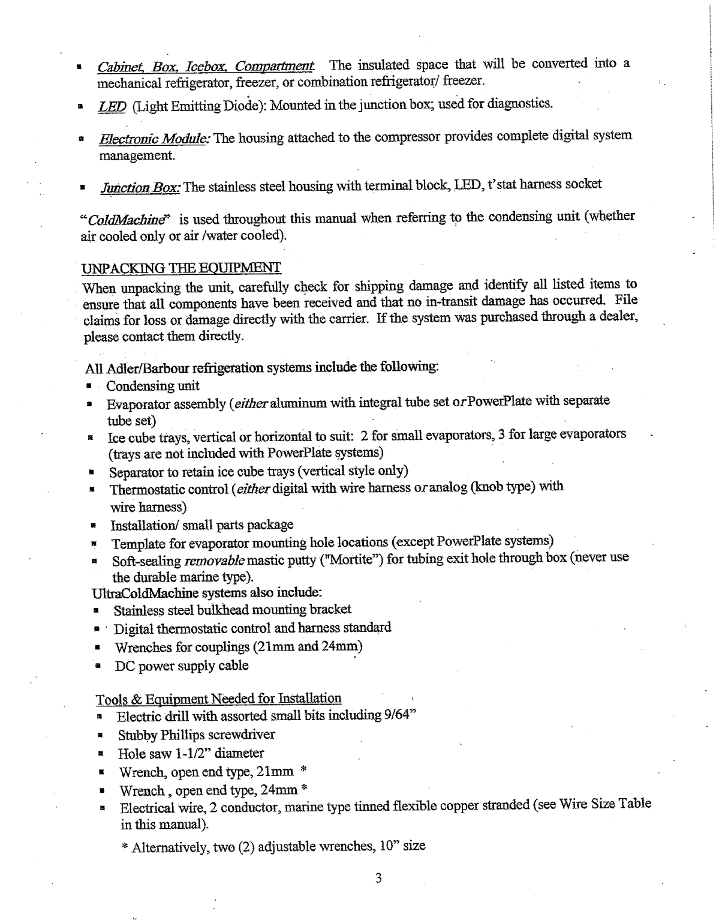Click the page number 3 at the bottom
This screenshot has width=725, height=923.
pyautogui.click(x=378, y=879)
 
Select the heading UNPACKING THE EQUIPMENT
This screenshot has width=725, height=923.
pyautogui.click(x=182, y=267)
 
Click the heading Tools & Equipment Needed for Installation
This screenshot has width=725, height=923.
pyautogui.click(x=218, y=699)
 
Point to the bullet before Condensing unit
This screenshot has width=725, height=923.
pyautogui.click(x=88, y=386)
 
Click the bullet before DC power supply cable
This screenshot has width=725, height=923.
pyautogui.click(x=96, y=666)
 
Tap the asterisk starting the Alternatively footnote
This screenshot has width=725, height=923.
pyautogui.click(x=125, y=847)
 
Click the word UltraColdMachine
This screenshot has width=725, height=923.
pyautogui.click(x=145, y=594)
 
